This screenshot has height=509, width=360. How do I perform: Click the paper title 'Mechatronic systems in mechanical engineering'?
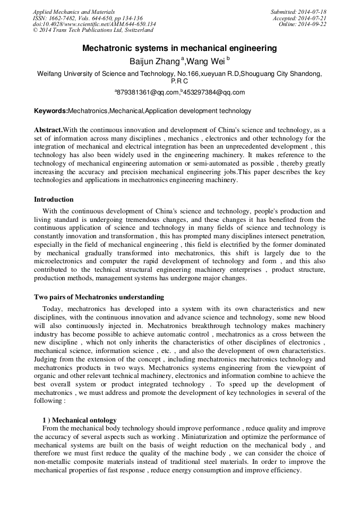coord(179,48)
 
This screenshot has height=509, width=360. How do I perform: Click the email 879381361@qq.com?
coord(155,92)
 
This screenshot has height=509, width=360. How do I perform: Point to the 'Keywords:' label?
coord(51,111)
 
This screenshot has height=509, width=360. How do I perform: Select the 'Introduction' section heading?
coord(54,200)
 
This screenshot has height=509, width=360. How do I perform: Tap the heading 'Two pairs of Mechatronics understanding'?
coord(99,297)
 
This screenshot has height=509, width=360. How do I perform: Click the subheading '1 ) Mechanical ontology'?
coord(80,420)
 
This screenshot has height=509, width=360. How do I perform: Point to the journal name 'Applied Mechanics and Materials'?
coord(73,12)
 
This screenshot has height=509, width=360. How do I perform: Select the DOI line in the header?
coord(94,24)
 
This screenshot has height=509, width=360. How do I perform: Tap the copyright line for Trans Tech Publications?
coord(93,30)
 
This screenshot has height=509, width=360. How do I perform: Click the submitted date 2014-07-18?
coord(312,12)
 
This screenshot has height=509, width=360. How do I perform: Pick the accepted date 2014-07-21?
coord(312,18)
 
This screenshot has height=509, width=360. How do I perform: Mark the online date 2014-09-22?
coord(312,24)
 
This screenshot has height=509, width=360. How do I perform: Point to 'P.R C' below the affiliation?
coord(179,81)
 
